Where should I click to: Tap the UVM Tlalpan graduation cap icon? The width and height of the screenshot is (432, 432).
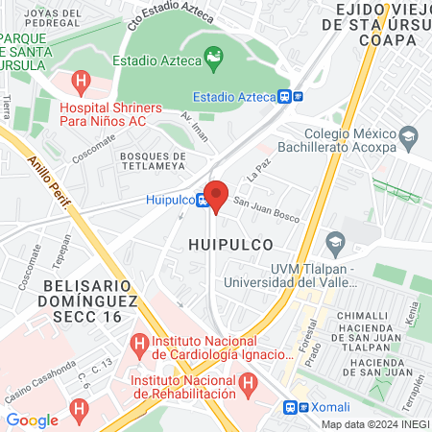tap(335, 240)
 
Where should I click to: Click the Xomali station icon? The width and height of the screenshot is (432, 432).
tap(294, 407)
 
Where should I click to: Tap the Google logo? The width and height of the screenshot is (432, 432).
tap(32, 420)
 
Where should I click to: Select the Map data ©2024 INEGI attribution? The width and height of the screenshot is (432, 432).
tap(375, 424)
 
